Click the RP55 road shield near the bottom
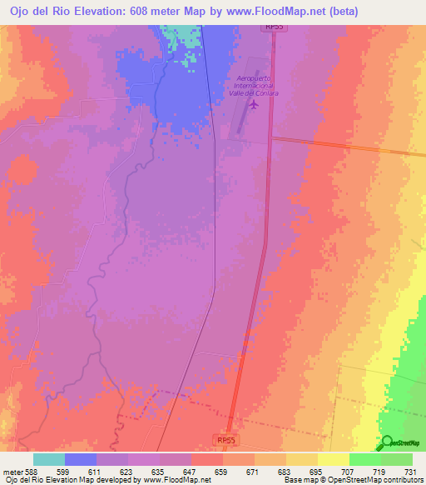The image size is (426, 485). (x=225, y=438)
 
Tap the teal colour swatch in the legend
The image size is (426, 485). (x=49, y=459)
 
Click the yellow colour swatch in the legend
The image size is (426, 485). (x=334, y=459)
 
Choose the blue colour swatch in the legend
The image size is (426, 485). (x=81, y=459)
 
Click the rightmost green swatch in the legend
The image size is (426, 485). (x=397, y=459)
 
